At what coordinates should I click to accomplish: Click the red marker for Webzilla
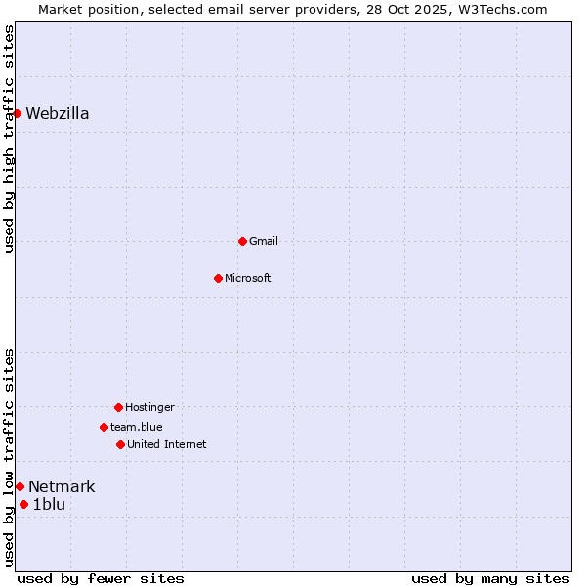click(x=17, y=113)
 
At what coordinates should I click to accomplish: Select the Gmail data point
click(x=242, y=241)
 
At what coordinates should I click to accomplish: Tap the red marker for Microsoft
click(x=218, y=278)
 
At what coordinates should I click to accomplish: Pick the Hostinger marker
click(x=118, y=407)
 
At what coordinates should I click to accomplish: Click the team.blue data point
click(x=104, y=427)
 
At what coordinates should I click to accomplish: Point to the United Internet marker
click(x=120, y=444)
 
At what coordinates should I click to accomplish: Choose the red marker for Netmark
click(x=20, y=486)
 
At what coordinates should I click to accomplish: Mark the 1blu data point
click(x=23, y=504)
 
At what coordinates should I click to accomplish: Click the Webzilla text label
click(x=58, y=113)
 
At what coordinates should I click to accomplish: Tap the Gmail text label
click(x=264, y=241)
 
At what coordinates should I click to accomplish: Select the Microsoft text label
click(x=248, y=278)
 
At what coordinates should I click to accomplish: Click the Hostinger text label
click(x=149, y=407)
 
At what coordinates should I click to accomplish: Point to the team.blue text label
click(x=137, y=427)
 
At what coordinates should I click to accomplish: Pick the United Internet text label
click(x=167, y=444)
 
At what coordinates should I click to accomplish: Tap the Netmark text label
click(x=62, y=486)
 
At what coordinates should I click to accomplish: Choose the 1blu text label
click(x=49, y=504)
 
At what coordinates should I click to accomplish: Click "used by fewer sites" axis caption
click(x=101, y=578)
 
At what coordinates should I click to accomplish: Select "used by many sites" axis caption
click(x=490, y=578)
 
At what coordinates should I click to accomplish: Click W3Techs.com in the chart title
click(x=499, y=9)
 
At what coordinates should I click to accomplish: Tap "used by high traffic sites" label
click(x=9, y=139)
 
